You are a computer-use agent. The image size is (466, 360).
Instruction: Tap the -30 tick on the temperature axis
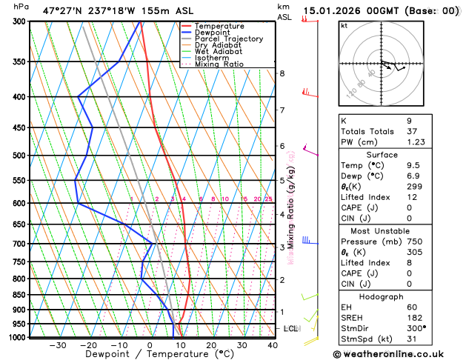[x=58, y=344]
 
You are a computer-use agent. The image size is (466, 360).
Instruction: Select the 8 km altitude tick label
[x=282, y=73]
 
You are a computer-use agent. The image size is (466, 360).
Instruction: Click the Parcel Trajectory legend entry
[x=228, y=39]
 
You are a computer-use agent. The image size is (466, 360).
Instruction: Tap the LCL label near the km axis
[x=291, y=328]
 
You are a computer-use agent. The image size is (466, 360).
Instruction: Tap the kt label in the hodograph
[x=344, y=26]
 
